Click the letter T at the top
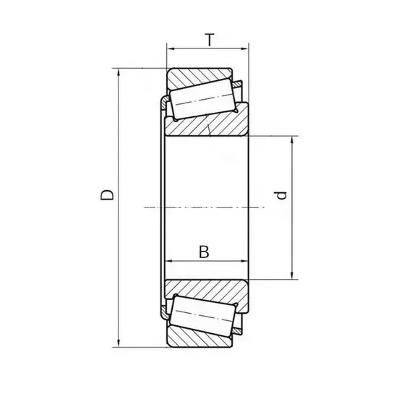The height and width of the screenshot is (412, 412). point(210,40)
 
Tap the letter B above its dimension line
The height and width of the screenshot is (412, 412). point(204,252)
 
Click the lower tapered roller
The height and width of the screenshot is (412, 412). point(202,315)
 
